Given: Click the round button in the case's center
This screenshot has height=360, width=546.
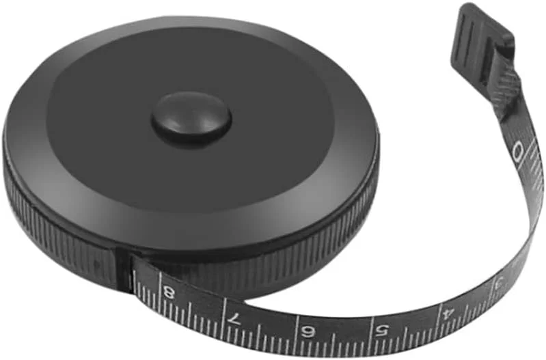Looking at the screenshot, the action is coord(191,118).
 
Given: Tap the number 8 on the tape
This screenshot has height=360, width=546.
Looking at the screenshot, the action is coord(169,292).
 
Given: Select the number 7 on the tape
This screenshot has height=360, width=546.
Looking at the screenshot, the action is coord(234,318).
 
